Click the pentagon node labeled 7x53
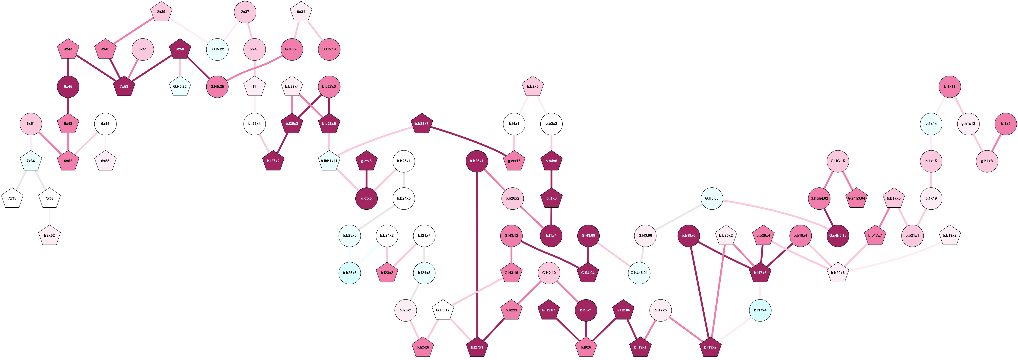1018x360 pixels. coord(124,87)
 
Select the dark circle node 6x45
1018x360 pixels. coord(68,87)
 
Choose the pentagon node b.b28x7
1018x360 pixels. coord(422,124)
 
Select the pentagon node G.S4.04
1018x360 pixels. coord(588,273)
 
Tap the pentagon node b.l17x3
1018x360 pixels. coord(760,273)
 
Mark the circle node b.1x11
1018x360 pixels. coord(950,87)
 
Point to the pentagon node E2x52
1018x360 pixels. coord(49,236)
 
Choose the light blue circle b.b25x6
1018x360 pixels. coord(350,273)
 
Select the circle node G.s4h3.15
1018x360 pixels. coord(838,236)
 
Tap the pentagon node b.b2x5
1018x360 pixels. coord(533,87)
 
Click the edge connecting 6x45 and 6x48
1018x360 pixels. coord(68,105)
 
